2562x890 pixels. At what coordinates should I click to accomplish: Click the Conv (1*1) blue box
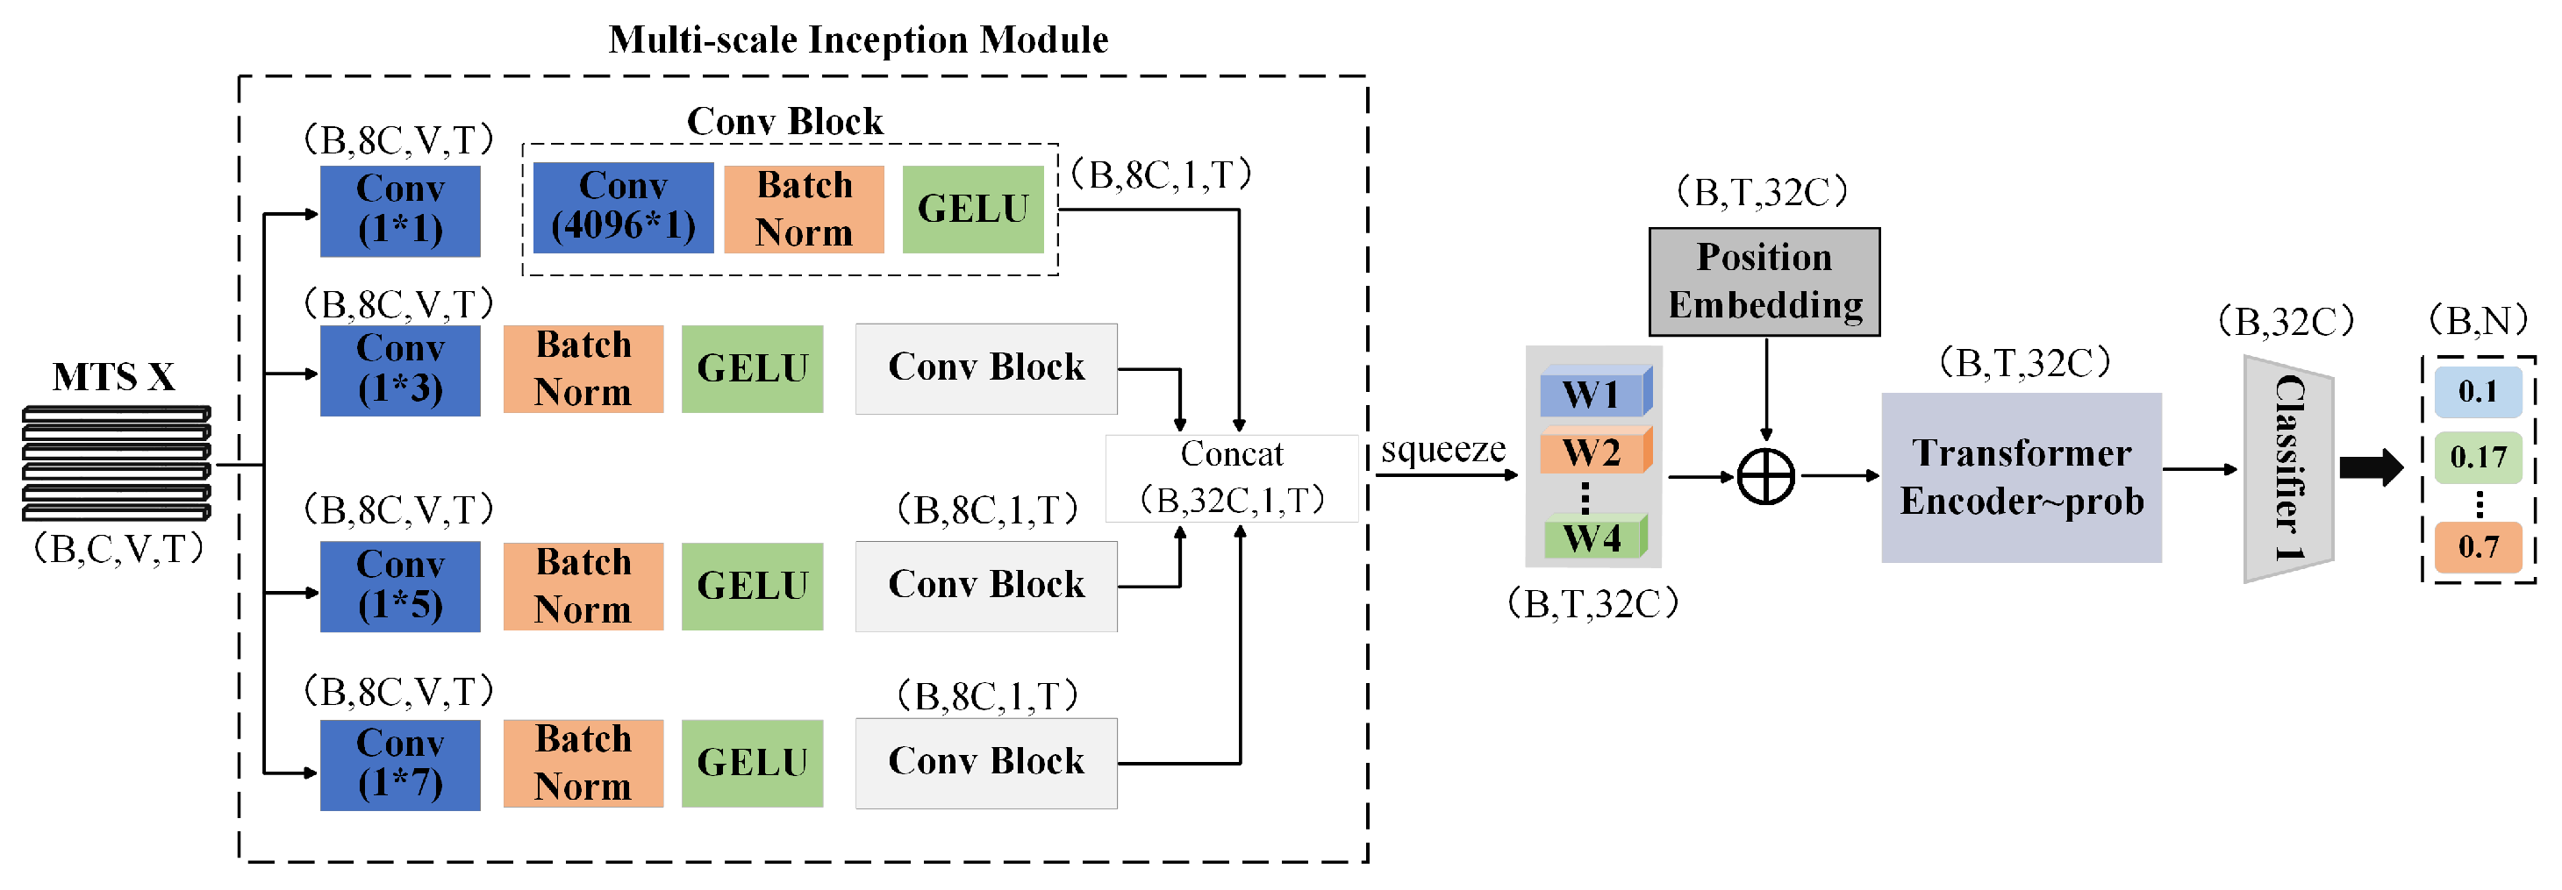[400, 210]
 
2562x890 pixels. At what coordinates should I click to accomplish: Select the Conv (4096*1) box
[623, 207]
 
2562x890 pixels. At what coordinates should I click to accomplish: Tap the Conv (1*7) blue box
[400, 764]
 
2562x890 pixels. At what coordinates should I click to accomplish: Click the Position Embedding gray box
[1764, 281]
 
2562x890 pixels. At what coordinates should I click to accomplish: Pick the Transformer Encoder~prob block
[2020, 477]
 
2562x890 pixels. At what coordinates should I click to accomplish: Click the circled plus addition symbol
[1765, 476]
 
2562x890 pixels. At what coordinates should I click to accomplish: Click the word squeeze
[1442, 450]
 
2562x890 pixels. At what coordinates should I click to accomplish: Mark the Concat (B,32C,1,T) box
[1231, 477]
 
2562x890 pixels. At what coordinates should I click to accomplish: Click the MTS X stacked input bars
[117, 462]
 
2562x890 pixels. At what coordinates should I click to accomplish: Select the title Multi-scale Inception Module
[857, 39]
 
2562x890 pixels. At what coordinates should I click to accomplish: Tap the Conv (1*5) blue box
[400, 586]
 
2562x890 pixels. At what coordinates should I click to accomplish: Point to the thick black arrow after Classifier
[2371, 467]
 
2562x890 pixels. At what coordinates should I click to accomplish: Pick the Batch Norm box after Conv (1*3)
[583, 369]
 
